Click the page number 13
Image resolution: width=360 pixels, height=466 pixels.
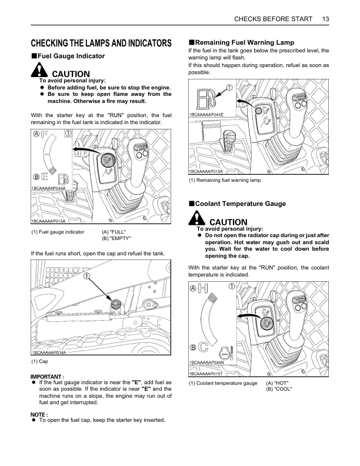tap(325, 19)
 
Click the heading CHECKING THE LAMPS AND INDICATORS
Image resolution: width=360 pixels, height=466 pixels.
tap(101, 43)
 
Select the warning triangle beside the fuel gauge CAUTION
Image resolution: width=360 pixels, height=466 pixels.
tap(39, 71)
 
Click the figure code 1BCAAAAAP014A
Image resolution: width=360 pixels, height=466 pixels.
tap(49, 352)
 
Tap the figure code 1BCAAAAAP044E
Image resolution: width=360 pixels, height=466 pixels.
tap(206, 114)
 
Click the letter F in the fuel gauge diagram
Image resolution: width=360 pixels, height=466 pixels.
tap(45, 135)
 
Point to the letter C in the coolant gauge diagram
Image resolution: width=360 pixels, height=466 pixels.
tap(203, 348)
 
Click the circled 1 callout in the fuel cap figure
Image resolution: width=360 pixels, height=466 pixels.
tap(87, 276)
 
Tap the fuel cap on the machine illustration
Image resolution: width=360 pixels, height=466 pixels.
tap(116, 304)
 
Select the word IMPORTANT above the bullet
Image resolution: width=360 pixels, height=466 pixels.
tap(46, 376)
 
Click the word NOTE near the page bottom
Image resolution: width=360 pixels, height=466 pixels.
tap(39, 414)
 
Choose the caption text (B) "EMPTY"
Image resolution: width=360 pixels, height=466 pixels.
tap(116, 238)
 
